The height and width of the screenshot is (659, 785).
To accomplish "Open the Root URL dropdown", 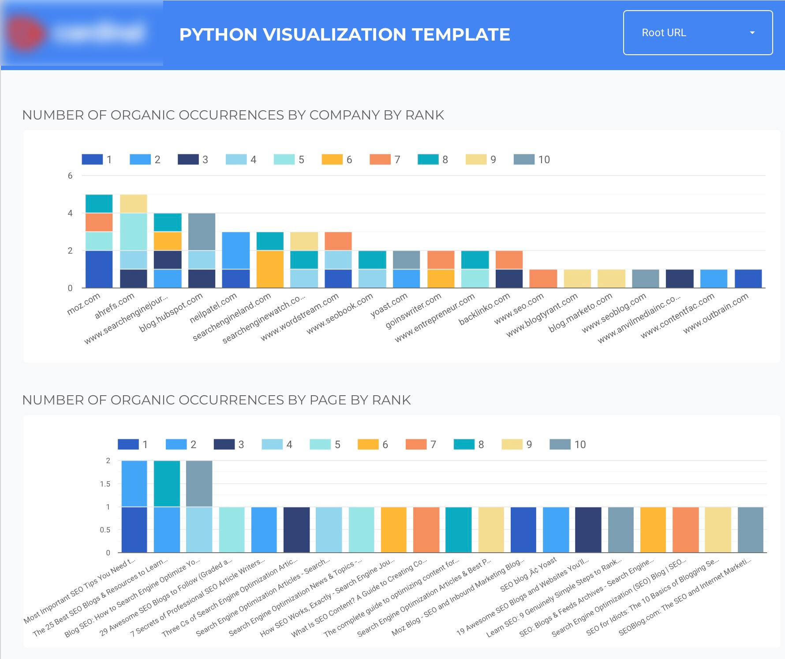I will (x=698, y=33).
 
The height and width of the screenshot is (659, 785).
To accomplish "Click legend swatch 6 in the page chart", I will (x=368, y=444).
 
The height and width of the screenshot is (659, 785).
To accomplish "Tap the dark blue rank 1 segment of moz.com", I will (x=99, y=269).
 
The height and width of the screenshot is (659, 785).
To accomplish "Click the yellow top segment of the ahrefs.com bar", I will (x=133, y=203).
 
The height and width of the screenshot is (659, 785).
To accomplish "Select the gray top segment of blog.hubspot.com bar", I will (x=202, y=232).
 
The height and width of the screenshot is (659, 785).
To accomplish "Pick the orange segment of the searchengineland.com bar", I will (x=270, y=269).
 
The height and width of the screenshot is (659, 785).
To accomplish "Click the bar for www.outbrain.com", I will (x=748, y=279).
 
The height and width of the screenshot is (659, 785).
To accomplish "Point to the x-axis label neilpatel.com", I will (x=213, y=308).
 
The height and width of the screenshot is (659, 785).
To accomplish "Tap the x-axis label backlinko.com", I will (x=484, y=309).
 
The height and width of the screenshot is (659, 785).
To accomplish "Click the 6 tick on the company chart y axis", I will (x=70, y=176).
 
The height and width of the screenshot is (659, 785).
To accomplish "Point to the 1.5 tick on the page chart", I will (x=105, y=484).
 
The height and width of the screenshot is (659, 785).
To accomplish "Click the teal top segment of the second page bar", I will (x=167, y=483).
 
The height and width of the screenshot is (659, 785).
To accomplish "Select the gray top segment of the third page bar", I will (x=199, y=483).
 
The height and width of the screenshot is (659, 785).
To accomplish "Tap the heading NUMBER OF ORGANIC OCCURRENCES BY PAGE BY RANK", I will (x=216, y=400).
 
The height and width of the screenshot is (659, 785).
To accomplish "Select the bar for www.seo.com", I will (x=543, y=279).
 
